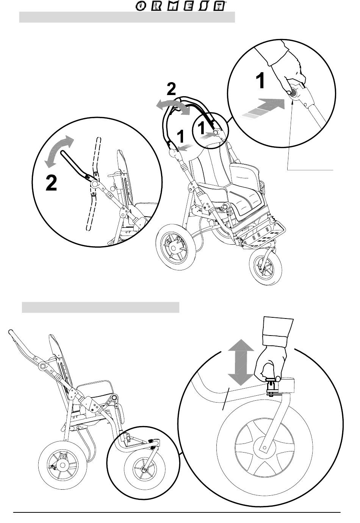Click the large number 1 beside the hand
tap(260, 81)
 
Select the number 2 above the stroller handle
tap(171, 89)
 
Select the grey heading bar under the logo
tap(127, 17)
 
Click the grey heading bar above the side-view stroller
tap(100, 308)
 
